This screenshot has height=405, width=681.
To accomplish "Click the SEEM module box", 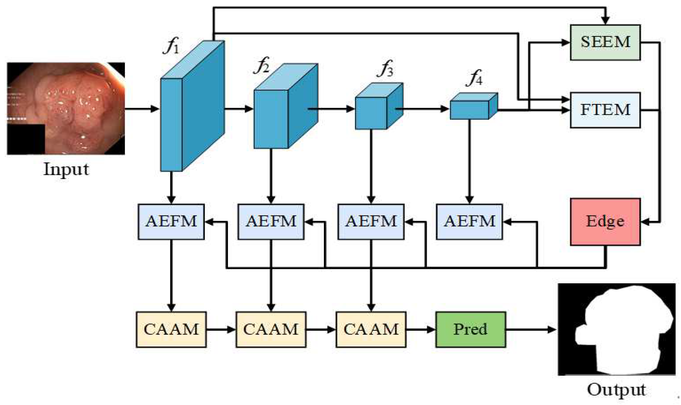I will pos(605,42).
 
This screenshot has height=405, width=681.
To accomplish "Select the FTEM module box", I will pos(605,110).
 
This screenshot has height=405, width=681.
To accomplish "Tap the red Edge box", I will pos(605,222).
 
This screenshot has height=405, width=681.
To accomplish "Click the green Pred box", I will pos(470,329).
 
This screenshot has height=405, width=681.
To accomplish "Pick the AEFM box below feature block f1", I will pos(171,222).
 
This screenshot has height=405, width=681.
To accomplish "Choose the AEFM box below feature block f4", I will pos(469,222).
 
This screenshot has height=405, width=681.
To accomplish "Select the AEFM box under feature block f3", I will pos(371,222).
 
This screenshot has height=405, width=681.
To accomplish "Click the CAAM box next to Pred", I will pos(371,329).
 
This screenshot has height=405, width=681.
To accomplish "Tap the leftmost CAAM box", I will pos(171,329).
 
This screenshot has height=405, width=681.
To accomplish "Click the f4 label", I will pos(474,78).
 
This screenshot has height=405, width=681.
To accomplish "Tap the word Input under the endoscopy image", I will pos(66,169).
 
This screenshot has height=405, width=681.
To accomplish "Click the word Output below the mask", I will pos(616,390).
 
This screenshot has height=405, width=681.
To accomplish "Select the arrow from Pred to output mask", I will pos(530,330).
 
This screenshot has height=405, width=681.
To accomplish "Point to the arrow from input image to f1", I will pos(142,109).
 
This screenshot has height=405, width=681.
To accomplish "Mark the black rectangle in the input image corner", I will pos(26,139).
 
